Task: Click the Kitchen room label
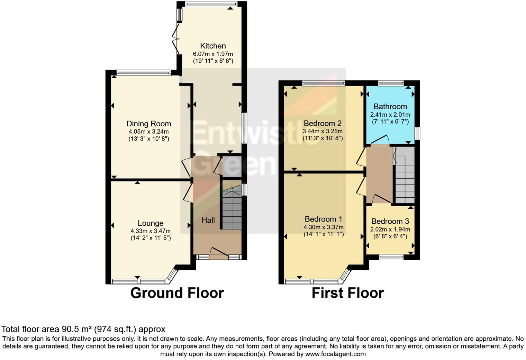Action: click(x=213, y=46)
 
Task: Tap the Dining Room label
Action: click(x=148, y=124)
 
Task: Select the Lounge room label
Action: click(x=151, y=223)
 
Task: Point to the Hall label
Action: click(x=208, y=220)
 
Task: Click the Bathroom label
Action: click(x=390, y=107)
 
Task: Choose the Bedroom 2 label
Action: click(x=322, y=123)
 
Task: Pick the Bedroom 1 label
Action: click(x=323, y=219)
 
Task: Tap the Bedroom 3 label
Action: click(x=390, y=221)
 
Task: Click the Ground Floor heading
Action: click(x=177, y=293)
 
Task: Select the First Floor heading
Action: click(x=347, y=293)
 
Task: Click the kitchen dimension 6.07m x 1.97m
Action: click(x=213, y=54)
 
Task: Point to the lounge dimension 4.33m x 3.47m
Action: click(x=151, y=231)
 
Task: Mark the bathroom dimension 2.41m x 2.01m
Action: click(x=390, y=115)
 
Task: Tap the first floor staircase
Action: click(x=405, y=177)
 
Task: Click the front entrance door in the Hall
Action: click(x=218, y=253)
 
